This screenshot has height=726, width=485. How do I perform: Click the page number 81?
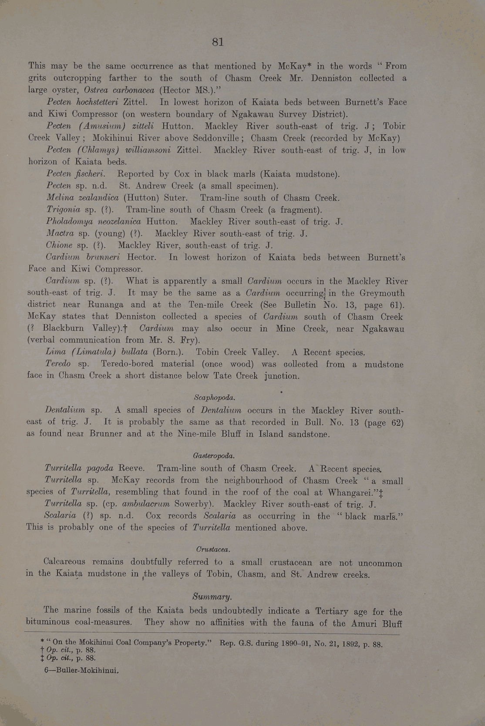click(218, 42)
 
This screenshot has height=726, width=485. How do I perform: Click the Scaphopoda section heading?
click(215, 397)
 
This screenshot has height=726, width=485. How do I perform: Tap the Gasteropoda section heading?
click(214, 456)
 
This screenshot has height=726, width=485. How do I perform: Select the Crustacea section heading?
click(213, 549)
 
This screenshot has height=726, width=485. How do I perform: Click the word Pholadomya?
click(70, 221)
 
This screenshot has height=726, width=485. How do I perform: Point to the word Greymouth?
click(378, 293)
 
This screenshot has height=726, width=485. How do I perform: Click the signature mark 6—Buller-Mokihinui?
click(82, 671)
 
